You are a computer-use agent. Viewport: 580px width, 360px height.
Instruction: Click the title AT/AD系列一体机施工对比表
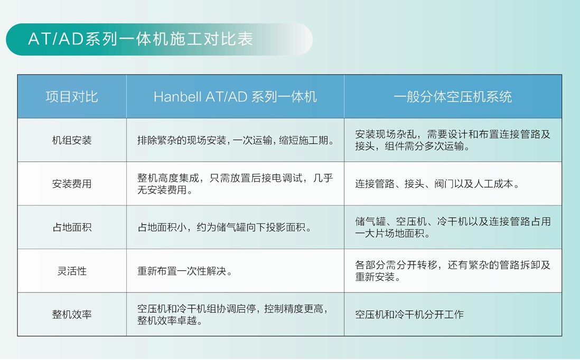pyautogui.click(x=140, y=39)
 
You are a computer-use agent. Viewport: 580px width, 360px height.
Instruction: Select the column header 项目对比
pyautogui.click(x=72, y=97)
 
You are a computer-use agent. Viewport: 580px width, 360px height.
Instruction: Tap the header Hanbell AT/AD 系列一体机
pyautogui.click(x=235, y=97)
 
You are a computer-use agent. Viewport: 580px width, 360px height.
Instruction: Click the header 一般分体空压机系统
pyautogui.click(x=453, y=97)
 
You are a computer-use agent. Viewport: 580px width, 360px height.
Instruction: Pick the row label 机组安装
pyautogui.click(x=72, y=140)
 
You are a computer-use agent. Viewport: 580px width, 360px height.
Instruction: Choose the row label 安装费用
pyautogui.click(x=72, y=184)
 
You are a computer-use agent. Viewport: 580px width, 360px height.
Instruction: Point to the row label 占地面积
pyautogui.click(x=72, y=228)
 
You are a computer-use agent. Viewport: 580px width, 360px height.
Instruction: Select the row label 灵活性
pyautogui.click(x=72, y=271)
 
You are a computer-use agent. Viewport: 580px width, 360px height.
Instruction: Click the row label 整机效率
pyautogui.click(x=72, y=315)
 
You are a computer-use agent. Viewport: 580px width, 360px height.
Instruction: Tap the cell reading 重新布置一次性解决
pyautogui.click(x=185, y=271)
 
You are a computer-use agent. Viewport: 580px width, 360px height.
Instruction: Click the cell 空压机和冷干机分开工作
pyautogui.click(x=409, y=315)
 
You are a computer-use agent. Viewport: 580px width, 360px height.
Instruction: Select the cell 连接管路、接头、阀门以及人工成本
pyautogui.click(x=437, y=184)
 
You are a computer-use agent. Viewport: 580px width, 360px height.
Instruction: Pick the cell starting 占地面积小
pyautogui.click(x=224, y=228)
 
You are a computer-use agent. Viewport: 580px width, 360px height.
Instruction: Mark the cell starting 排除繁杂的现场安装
pyautogui.click(x=236, y=140)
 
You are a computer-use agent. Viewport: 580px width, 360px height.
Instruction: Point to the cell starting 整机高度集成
pyautogui.click(x=235, y=184)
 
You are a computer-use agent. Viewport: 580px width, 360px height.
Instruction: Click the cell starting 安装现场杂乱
pyautogui.click(x=453, y=140)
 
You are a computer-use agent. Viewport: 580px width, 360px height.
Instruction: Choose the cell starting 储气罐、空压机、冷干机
pyautogui.click(x=453, y=228)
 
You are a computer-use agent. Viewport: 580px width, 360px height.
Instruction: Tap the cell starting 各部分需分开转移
pyautogui.click(x=453, y=271)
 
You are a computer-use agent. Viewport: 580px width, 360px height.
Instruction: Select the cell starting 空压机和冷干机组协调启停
pyautogui.click(x=232, y=315)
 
